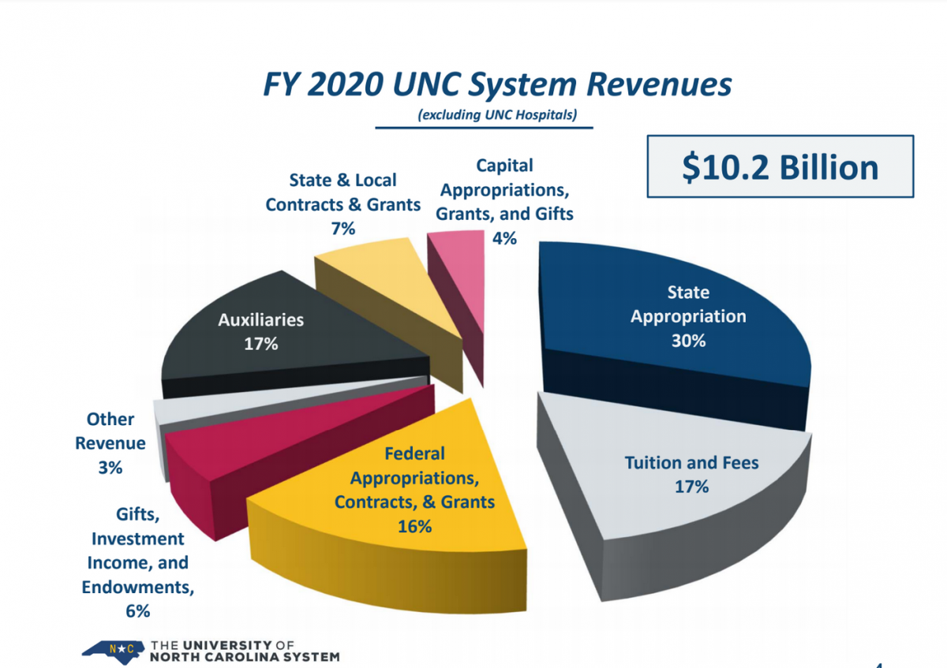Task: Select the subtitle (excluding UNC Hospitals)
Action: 497,115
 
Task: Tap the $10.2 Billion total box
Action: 780,167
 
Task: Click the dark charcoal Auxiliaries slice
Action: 260,347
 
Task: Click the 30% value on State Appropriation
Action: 688,341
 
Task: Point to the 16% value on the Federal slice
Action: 415,525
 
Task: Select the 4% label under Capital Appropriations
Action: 504,237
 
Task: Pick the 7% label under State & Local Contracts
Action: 342,229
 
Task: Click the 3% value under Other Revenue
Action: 110,467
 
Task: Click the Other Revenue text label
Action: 110,431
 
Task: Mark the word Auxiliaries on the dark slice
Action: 260,320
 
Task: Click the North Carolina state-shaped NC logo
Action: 113,650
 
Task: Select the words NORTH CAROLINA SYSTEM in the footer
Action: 245,656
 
